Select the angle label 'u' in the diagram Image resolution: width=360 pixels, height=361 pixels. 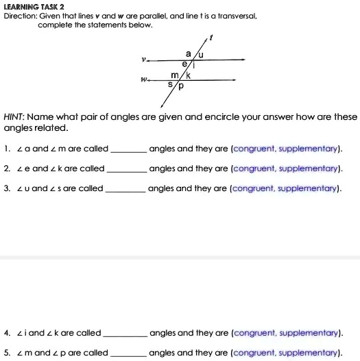click(202, 53)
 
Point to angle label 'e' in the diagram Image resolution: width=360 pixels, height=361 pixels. click(183, 62)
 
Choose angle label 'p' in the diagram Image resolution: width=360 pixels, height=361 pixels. click(181, 87)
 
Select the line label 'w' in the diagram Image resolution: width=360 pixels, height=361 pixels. click(143, 79)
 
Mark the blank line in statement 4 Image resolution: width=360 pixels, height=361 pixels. click(123, 334)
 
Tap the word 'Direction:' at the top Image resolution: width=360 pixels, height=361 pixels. click(21, 14)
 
